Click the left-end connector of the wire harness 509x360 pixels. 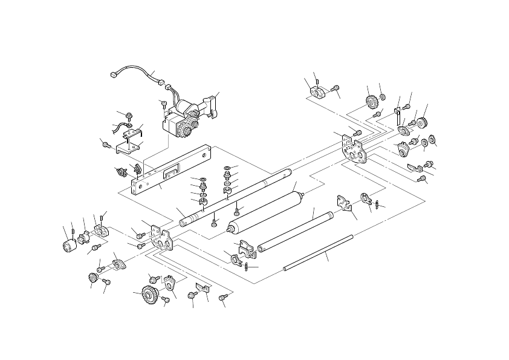pyautogui.click(x=113, y=76)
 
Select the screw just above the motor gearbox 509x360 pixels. pyautogui.click(x=163, y=104)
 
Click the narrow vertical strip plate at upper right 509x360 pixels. pyautogui.click(x=397, y=114)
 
